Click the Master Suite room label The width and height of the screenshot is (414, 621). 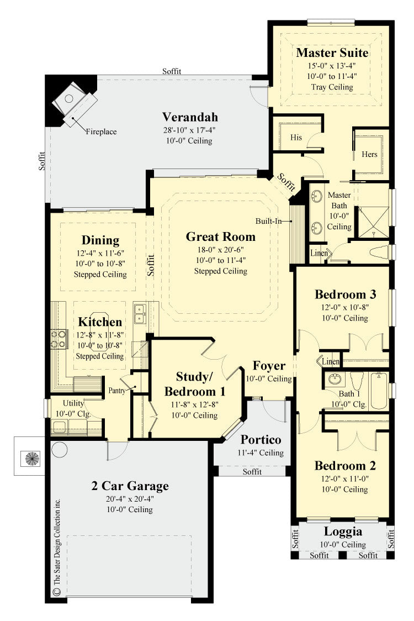(x=332, y=53)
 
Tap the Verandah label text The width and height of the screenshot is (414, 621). (x=190, y=117)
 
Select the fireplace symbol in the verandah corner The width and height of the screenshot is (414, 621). (x=73, y=101)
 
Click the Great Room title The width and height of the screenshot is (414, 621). (x=220, y=237)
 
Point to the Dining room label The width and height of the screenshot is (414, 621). (x=100, y=240)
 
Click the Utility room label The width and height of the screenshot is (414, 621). (x=73, y=403)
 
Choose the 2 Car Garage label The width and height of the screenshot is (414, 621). (x=130, y=486)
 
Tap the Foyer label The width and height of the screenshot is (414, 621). (x=269, y=366)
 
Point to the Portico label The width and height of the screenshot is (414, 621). (x=261, y=440)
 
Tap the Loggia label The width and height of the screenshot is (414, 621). (x=343, y=531)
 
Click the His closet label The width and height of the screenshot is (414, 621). (x=296, y=138)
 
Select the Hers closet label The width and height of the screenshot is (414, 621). (x=369, y=154)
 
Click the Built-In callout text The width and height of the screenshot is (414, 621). (x=268, y=221)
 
